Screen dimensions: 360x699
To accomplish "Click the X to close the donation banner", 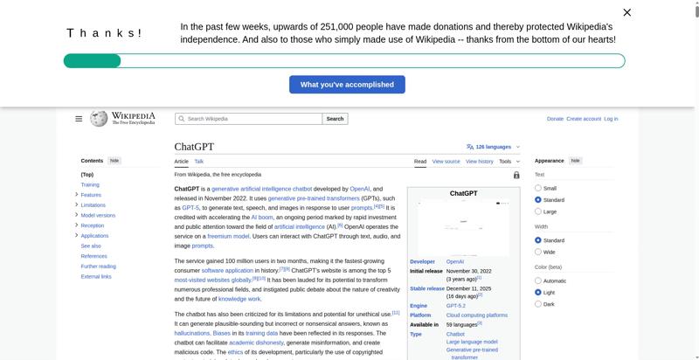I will coord(626,12).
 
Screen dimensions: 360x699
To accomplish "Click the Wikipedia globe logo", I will coord(100,118).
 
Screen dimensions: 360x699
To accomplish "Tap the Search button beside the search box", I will coord(335,119).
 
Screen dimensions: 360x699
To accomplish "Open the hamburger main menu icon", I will coord(79,119).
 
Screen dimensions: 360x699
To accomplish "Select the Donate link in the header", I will coord(555,119).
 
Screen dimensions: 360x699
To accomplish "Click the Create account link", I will coord(583,119).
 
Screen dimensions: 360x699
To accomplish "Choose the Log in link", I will coord(611,119).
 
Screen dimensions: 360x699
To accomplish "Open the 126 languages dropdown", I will coord(494,147).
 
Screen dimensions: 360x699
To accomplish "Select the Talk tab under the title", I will coord(199,162).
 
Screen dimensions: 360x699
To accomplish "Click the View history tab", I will coord(479,162).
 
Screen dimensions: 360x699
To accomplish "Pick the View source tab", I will coord(446,162).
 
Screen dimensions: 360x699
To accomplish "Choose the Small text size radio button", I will coord(538,188).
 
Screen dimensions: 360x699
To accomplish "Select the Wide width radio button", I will coord(538,252).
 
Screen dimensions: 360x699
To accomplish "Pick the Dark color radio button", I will coord(538,304).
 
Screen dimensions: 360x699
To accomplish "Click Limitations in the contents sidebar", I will coord(93,205).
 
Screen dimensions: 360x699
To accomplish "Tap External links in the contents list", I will coord(96,276).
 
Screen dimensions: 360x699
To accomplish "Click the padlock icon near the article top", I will coord(516,175).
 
